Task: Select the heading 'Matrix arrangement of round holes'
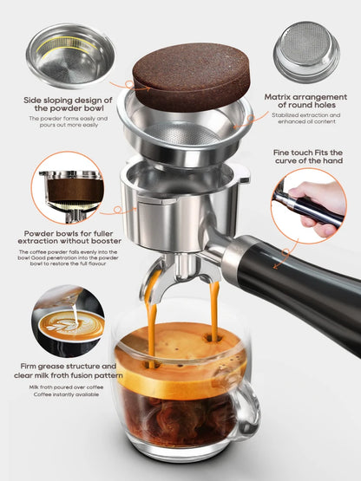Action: pos(305,97)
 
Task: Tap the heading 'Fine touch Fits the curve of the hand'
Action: pos(309,159)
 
